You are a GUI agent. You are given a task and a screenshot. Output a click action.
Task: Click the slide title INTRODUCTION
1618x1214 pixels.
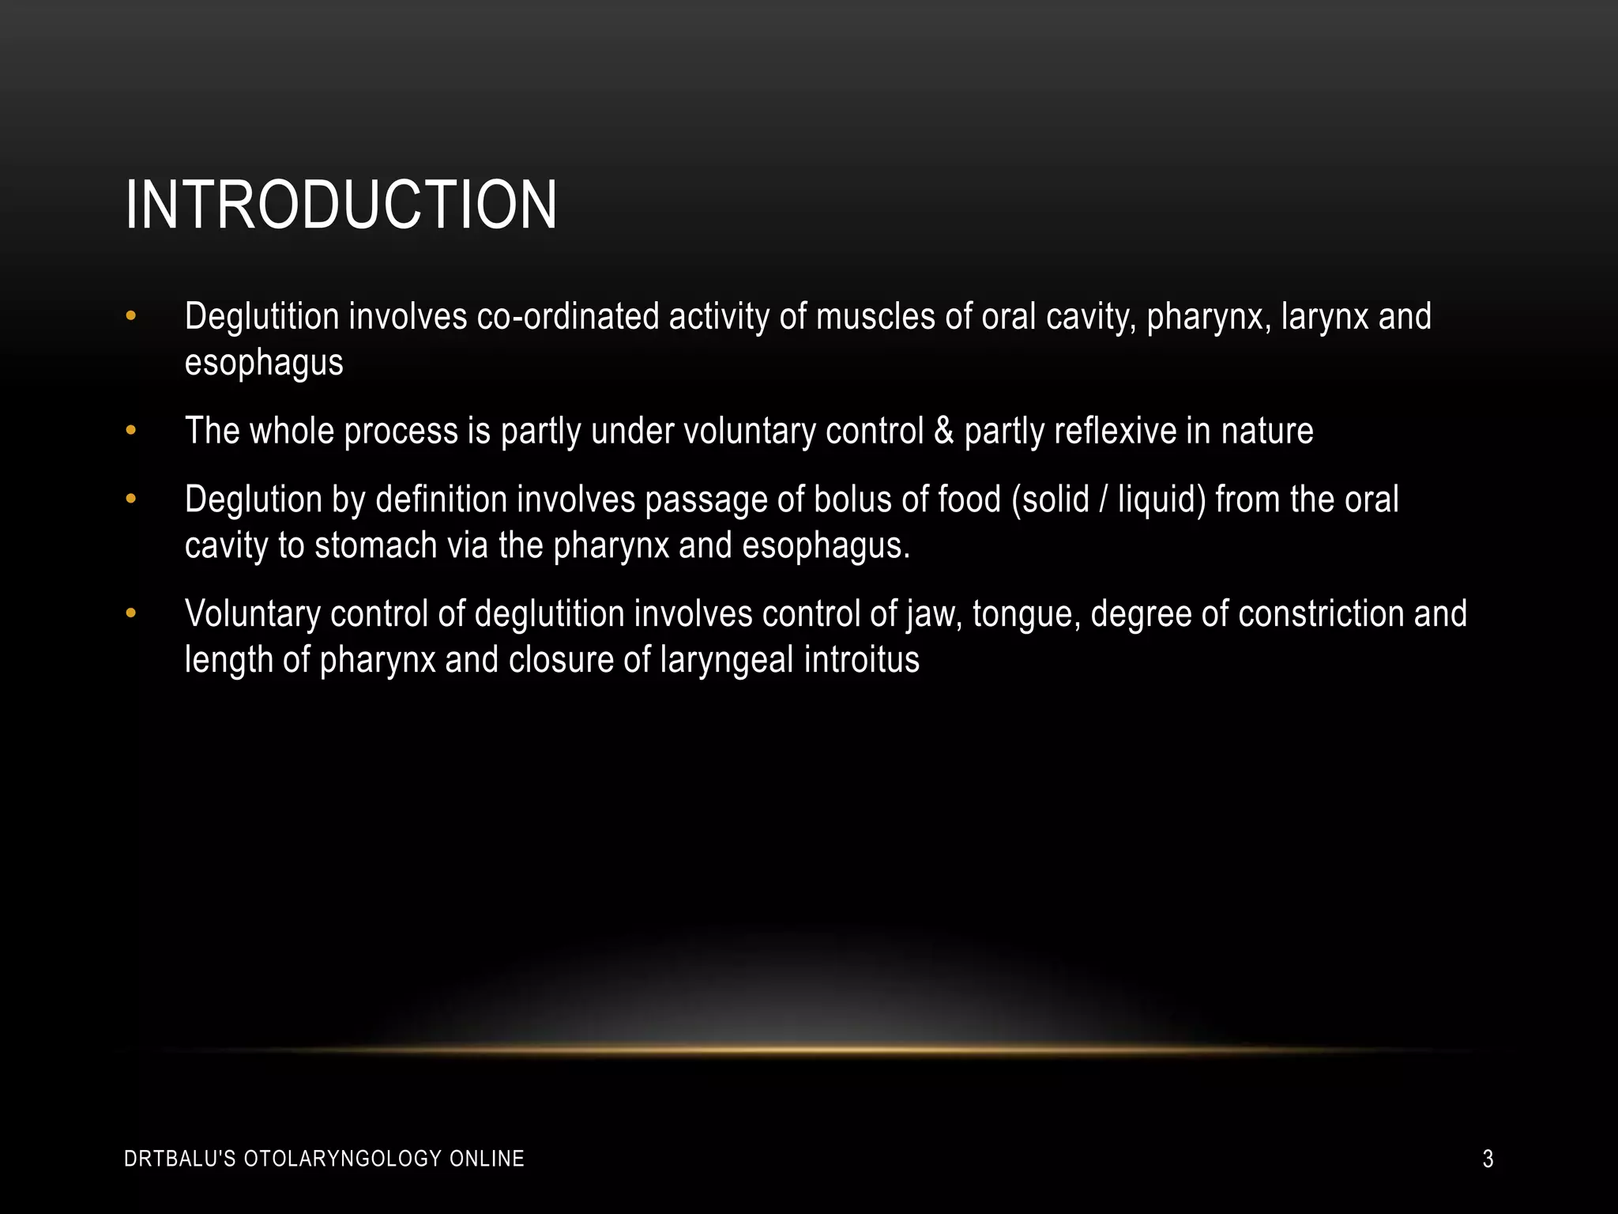pyautogui.click(x=341, y=205)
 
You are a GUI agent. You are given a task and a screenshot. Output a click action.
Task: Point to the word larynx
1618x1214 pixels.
pyautogui.click(x=1325, y=317)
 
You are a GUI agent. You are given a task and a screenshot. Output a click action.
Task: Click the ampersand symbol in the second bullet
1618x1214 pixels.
pyautogui.click(x=943, y=432)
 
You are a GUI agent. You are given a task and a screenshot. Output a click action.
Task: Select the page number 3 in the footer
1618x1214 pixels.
pyautogui.click(x=1488, y=1159)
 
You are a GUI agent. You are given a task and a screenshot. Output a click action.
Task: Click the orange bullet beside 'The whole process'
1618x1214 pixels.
pyautogui.click(x=131, y=432)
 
